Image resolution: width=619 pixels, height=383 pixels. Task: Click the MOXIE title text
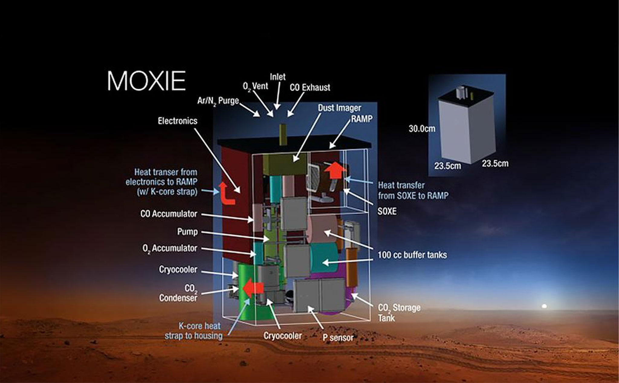point(147,81)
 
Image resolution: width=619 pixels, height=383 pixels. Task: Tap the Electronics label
point(177,121)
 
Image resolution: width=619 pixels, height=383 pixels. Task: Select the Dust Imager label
point(339,108)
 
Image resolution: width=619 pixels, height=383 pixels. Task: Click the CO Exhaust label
point(310,87)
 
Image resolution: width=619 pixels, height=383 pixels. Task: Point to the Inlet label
point(277,77)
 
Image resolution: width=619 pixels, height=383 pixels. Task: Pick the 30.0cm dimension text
point(422,129)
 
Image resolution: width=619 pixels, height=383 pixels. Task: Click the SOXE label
point(387,211)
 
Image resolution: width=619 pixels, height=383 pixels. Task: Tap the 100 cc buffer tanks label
point(412,255)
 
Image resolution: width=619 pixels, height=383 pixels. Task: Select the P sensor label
point(338,337)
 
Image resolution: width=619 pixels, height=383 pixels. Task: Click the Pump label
point(187,232)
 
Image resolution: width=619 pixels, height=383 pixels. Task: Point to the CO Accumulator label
point(169,214)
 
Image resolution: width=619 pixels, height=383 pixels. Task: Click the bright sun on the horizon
point(544,306)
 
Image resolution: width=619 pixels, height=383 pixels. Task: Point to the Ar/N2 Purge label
point(218,101)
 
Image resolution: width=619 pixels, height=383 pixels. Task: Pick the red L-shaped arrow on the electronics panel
point(226,193)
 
